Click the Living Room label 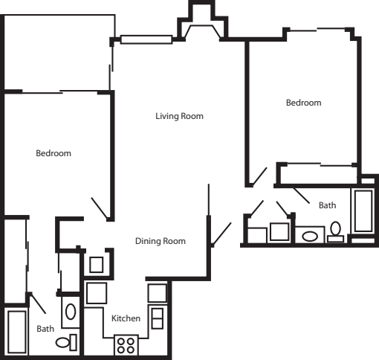[179, 116]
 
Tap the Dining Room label [161, 241]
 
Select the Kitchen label [126, 318]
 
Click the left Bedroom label [54, 153]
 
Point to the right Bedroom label [304, 103]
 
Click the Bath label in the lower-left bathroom [45, 329]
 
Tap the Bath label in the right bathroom [327, 205]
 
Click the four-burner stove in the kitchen [126, 345]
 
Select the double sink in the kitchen [158, 318]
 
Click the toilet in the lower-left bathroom [66, 342]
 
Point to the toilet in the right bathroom [335, 232]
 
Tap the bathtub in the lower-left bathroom [17, 332]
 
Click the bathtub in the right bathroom [363, 211]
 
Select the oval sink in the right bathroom [310, 237]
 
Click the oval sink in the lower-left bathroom [71, 312]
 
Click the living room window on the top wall [146, 39]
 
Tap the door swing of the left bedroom [100, 208]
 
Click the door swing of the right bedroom [259, 176]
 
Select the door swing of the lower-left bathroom [38, 303]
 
